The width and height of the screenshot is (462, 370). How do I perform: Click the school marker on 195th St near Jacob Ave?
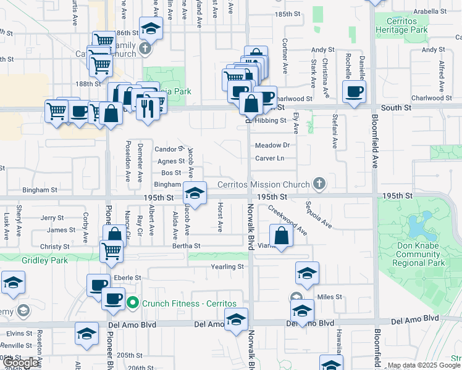(195, 193)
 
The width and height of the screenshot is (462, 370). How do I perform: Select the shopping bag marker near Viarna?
(281, 237)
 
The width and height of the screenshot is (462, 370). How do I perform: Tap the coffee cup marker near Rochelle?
(354, 92)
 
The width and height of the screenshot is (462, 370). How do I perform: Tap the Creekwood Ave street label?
(287, 220)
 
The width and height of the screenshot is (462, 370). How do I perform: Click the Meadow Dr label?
(272, 146)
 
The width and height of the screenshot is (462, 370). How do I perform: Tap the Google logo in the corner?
(21, 363)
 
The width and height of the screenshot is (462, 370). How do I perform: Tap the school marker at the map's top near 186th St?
(150, 29)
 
